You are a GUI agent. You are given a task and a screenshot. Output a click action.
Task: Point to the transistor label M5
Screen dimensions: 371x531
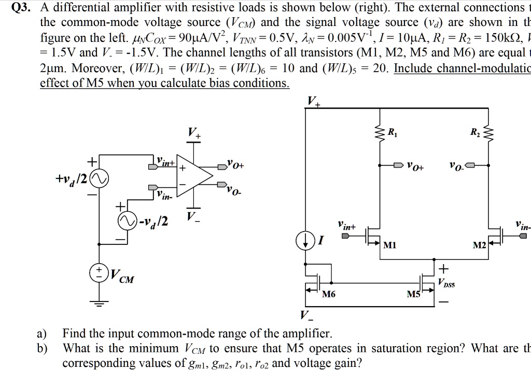point(413,295)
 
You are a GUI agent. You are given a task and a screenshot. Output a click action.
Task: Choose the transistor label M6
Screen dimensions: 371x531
point(329,295)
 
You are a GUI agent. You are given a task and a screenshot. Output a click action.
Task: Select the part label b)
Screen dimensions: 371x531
point(43,348)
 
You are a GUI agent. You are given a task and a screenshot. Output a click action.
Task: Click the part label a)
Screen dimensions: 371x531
point(43,333)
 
